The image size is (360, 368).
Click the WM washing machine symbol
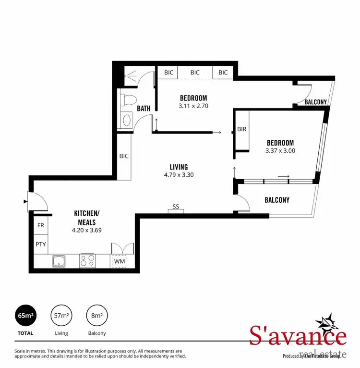tap(119, 261)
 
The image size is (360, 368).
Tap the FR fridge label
tap(40, 225)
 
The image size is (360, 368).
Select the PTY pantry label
tap(40, 244)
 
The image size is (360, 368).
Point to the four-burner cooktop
tap(87, 261)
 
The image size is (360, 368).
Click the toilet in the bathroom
tap(127, 100)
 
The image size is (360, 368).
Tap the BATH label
tap(144, 109)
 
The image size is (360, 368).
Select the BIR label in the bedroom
tap(242, 129)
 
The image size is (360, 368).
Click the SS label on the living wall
tap(176, 207)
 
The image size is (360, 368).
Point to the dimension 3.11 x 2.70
tap(193, 106)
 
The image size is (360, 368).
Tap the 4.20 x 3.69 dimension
tap(86, 230)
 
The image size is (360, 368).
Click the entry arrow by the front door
tap(25, 202)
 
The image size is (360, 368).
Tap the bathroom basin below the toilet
tap(127, 120)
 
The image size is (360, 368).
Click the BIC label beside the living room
tap(123, 156)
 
